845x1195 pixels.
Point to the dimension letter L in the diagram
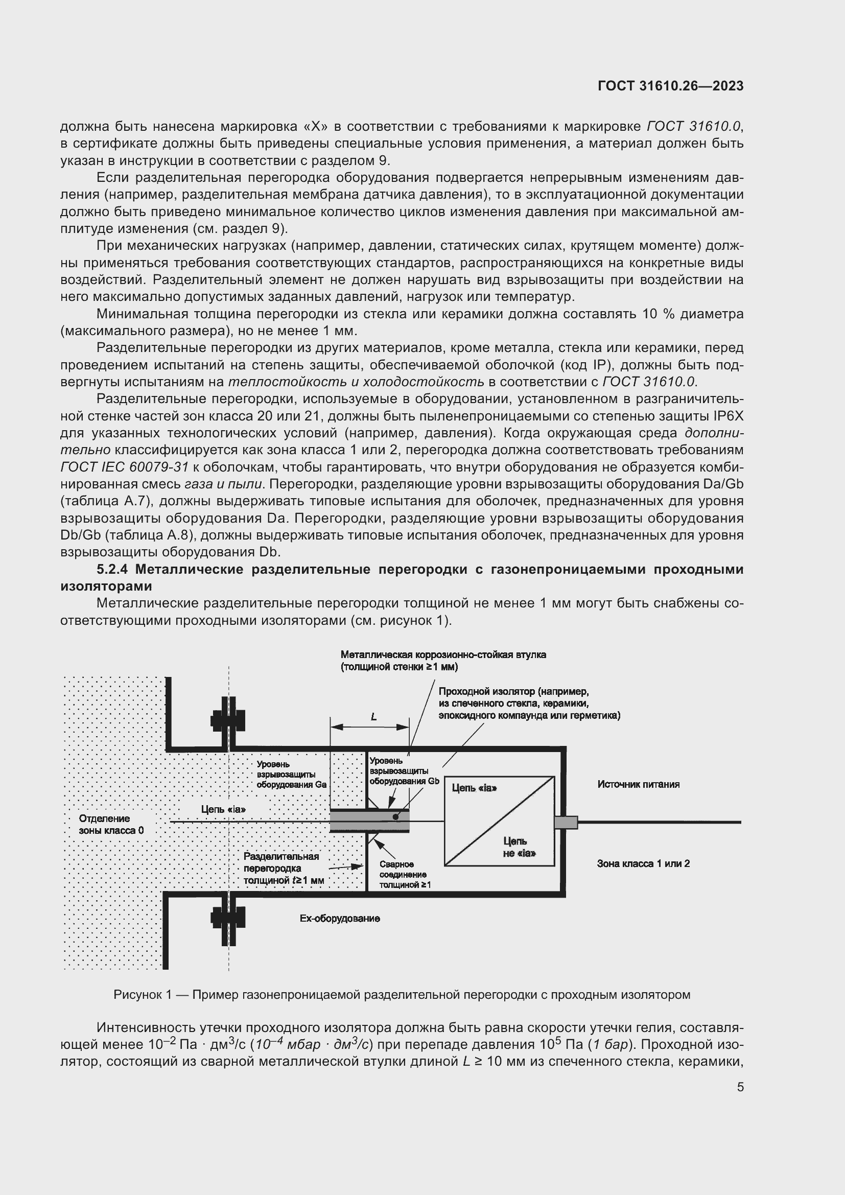click(x=373, y=717)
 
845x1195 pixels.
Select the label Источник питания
click(x=638, y=784)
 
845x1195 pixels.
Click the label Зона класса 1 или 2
click(x=643, y=864)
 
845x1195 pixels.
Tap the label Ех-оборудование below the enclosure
click(x=340, y=919)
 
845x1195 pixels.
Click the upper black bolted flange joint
click(x=228, y=721)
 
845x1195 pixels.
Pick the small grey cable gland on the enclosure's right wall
click(x=566, y=823)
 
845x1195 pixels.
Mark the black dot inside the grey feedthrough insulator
click(x=395, y=817)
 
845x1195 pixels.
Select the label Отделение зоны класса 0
click(x=111, y=825)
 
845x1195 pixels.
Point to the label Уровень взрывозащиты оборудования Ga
click(x=291, y=775)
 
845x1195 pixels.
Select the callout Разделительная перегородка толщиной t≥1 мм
click(x=284, y=868)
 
